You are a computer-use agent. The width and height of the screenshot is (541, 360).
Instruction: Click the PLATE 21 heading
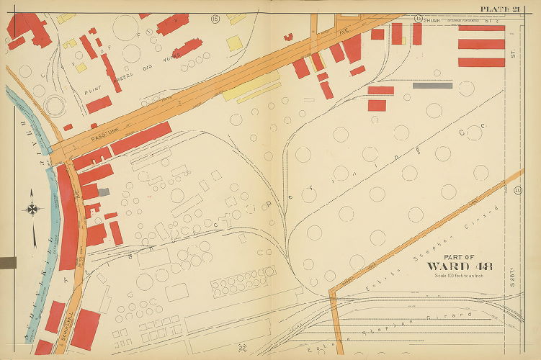point(500,8)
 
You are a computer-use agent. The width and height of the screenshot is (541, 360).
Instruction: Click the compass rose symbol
point(33,209)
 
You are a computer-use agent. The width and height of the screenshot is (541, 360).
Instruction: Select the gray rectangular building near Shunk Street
point(432,85)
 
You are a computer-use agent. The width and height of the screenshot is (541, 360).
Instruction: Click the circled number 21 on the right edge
point(518,190)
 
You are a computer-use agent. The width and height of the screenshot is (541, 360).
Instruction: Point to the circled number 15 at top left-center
point(215,18)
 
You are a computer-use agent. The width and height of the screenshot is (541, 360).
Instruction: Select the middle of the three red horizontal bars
point(481,45)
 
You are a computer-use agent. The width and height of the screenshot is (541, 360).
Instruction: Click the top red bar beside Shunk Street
point(481,27)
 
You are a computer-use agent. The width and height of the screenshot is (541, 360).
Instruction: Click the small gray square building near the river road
point(104,192)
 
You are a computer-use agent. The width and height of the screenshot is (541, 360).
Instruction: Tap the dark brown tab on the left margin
point(7,263)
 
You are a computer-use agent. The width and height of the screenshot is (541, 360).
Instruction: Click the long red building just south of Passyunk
point(140,138)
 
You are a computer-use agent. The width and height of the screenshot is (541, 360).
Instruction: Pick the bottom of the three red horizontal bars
point(481,62)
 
